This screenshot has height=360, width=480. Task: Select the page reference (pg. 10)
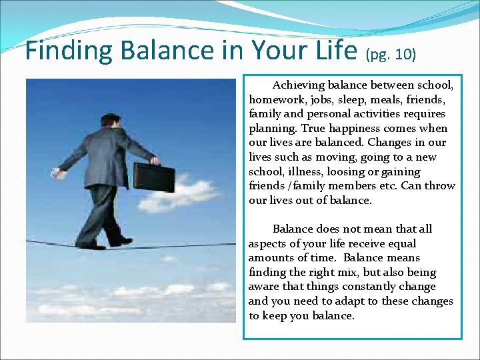391,54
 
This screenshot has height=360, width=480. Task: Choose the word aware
265,287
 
